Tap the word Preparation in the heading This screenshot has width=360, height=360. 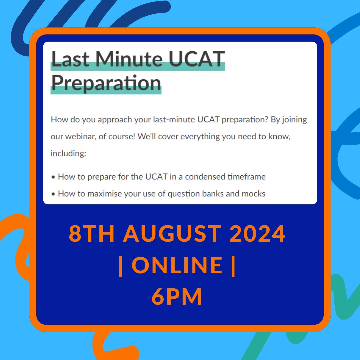click(106, 82)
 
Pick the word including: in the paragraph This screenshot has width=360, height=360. click(68, 154)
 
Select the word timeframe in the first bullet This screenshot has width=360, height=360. click(246, 177)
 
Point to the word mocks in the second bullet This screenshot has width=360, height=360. click(254, 193)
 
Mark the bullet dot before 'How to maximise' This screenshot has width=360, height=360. click(53, 194)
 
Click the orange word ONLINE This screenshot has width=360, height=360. click(177, 265)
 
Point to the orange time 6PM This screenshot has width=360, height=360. click(177, 297)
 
